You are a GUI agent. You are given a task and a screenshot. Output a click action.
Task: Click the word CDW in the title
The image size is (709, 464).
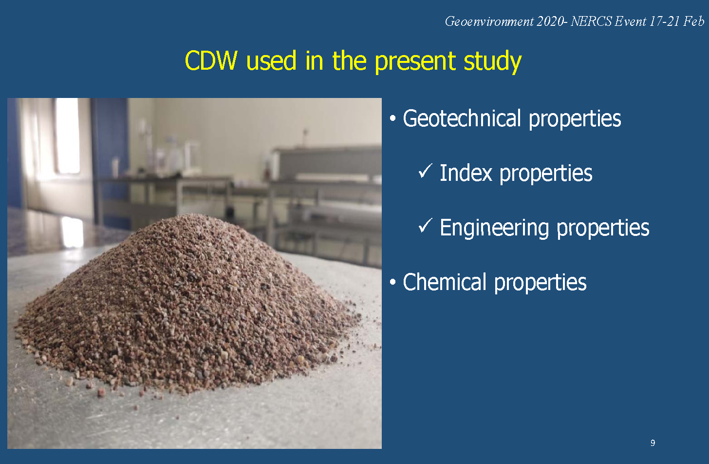click(211, 60)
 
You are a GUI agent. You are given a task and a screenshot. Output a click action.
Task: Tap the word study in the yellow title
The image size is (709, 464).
click(492, 62)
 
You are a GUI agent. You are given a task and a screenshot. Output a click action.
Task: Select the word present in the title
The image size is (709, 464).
click(415, 62)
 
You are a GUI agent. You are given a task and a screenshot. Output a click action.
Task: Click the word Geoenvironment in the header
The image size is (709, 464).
click(489, 21)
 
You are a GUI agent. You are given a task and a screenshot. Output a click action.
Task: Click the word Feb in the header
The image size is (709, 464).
click(694, 21)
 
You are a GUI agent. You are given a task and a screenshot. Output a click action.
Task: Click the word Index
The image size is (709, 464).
click(466, 173)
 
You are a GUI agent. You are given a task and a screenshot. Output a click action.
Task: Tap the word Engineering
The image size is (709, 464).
click(494, 229)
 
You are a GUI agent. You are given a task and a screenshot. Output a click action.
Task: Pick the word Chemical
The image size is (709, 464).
click(445, 282)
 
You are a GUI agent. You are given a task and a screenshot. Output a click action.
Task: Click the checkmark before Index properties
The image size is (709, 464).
click(425, 171)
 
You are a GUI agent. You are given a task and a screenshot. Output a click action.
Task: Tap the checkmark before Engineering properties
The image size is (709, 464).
click(425, 226)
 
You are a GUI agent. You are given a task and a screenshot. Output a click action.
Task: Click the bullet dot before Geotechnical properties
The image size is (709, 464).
click(393, 118)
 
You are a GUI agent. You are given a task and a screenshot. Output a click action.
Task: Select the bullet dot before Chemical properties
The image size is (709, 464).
click(393, 282)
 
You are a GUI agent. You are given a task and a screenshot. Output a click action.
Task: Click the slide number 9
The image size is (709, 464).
click(653, 443)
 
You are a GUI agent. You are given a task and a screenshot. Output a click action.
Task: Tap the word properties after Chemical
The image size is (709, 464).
click(541, 283)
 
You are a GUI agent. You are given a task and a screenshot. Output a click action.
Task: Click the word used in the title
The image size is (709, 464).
click(271, 60)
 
